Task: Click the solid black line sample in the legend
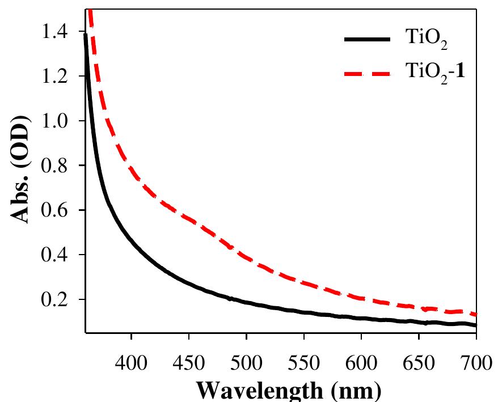367,40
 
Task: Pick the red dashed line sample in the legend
367,73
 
